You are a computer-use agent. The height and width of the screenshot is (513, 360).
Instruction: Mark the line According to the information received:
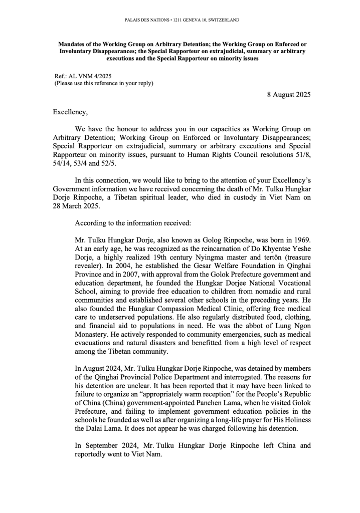click(125, 207)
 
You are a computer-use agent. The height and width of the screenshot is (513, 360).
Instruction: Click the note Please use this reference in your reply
click(104, 83)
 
